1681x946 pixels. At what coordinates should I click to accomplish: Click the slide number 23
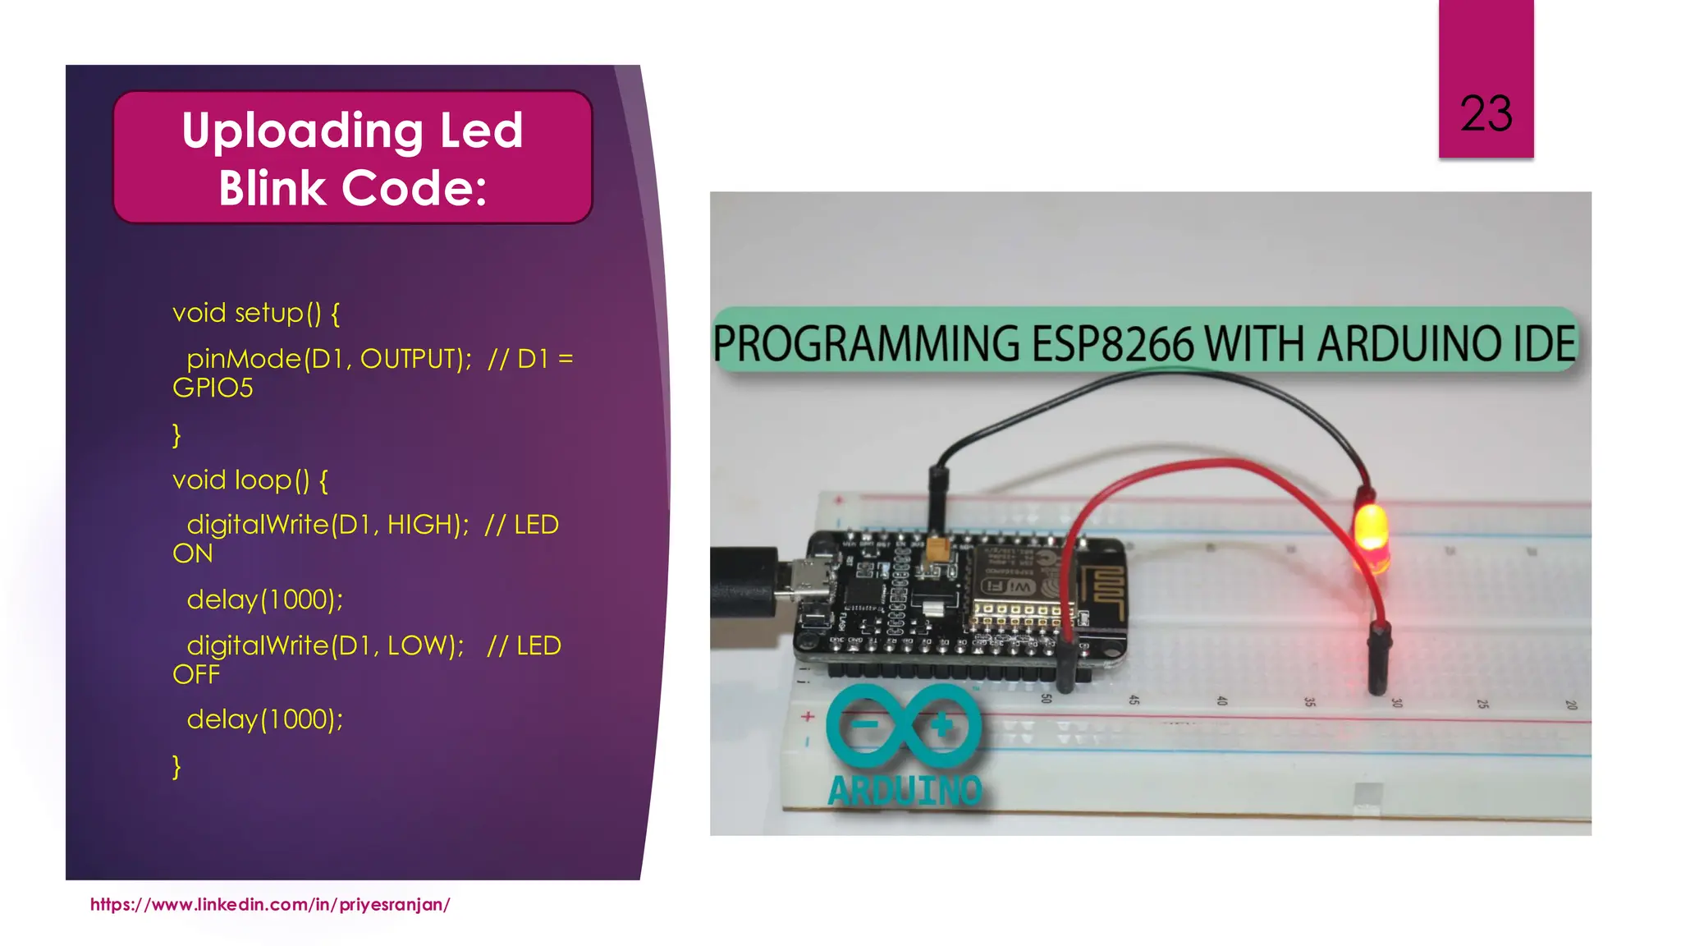coord(1486,113)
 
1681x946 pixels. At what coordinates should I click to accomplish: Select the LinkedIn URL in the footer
coord(270,904)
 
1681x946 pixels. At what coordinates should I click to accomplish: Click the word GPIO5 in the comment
coord(213,388)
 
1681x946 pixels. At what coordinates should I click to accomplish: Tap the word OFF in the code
coord(196,675)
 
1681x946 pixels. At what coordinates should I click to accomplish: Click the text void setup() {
coord(256,313)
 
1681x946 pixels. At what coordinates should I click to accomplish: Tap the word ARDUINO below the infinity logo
coord(905,791)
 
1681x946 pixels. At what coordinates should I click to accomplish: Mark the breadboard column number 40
coord(1221,700)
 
